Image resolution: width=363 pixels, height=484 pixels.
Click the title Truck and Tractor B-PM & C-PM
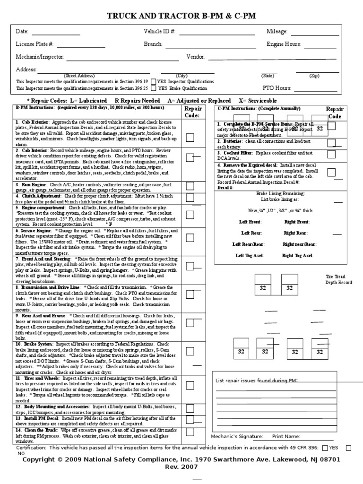pos(181,16)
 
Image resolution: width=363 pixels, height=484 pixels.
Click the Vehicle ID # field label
pos(159,32)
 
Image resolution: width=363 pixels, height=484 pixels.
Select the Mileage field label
pos(277,32)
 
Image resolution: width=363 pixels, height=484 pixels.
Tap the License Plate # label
pos(35,44)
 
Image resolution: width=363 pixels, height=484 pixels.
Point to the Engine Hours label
pos(284,44)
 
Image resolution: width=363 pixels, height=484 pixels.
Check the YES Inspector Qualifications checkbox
pos(154,81)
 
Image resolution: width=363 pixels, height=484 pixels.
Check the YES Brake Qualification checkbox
pos(154,88)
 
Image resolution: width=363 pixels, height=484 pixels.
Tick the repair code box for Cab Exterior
pos(190,138)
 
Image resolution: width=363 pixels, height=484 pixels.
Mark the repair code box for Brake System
pos(190,351)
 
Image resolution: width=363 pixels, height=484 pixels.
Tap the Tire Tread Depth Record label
pos(339,279)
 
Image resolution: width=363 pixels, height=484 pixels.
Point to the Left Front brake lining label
pos(250,221)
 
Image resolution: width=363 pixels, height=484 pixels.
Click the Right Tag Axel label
pos(298,255)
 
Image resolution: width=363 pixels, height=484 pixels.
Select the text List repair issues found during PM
pos(256,380)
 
